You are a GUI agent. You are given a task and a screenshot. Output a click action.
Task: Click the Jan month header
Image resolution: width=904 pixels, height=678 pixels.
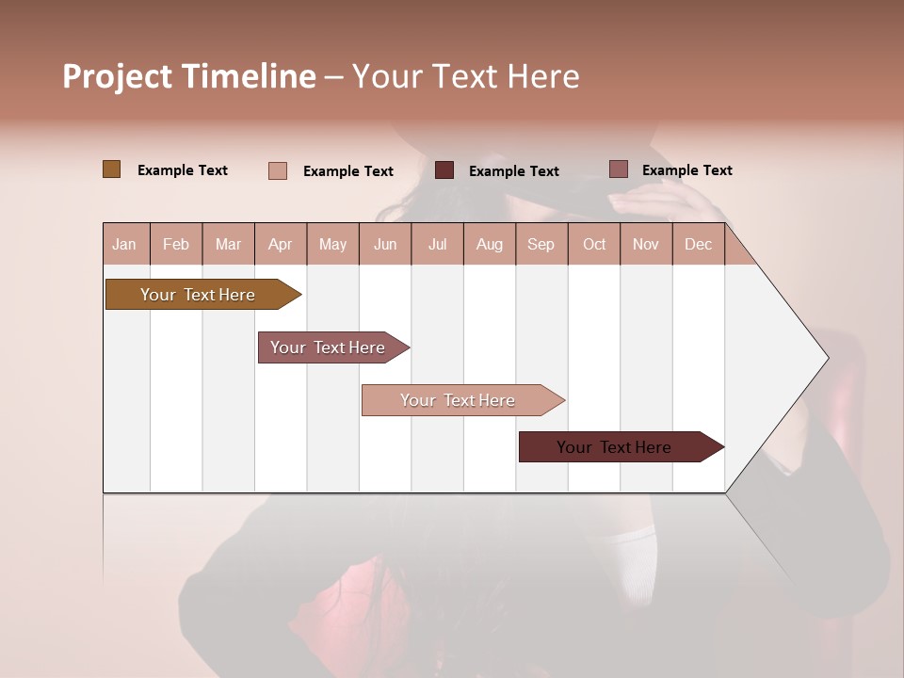pos(125,244)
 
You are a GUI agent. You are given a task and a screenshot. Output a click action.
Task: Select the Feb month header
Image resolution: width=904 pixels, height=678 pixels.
pos(176,244)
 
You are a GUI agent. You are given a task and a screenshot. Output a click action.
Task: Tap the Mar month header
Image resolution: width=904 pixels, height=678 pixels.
pos(228,244)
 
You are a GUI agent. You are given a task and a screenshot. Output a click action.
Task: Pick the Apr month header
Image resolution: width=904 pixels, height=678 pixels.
pos(281,244)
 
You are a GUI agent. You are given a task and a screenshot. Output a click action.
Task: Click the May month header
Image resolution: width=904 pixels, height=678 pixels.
pos(332,244)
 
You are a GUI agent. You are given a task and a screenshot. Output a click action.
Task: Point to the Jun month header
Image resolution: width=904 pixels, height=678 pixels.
pos(385,244)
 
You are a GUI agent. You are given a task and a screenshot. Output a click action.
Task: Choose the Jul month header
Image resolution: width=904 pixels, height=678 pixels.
pos(437,244)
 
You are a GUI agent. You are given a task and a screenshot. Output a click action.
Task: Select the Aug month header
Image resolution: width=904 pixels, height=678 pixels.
pos(490,244)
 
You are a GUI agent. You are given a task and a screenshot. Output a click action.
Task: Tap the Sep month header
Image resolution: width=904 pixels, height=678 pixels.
pos(541,244)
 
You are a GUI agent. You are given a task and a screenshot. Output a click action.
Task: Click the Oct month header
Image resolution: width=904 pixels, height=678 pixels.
pos(594,244)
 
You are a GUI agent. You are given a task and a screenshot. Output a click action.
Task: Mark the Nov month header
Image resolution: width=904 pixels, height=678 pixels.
pos(646,244)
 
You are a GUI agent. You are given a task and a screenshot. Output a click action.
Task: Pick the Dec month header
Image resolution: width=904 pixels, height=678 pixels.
pos(698,244)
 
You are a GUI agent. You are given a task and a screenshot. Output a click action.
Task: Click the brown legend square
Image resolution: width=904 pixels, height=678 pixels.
pos(111,169)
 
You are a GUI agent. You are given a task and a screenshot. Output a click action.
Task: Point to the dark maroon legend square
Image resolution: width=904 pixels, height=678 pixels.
pos(444,170)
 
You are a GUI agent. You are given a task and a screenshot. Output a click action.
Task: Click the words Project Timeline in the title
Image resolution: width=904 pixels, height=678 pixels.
pos(189,76)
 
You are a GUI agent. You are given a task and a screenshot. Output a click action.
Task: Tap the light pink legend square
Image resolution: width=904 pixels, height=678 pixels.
pos(278,170)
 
